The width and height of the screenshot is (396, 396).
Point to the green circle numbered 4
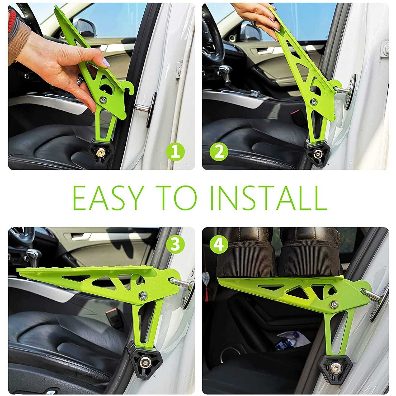click(x=219, y=244)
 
